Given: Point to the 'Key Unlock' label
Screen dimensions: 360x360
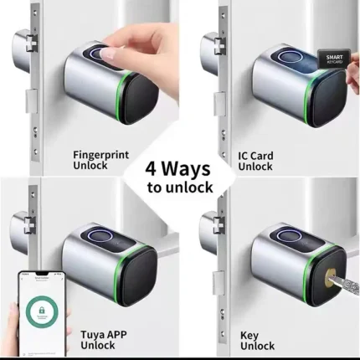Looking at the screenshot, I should click(258, 340).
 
